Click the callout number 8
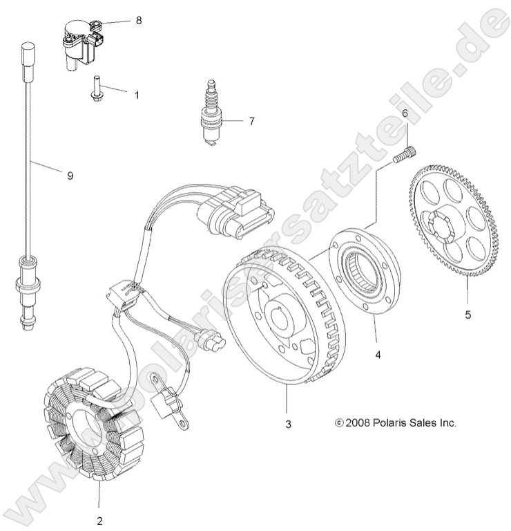(138, 21)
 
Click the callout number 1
(136, 94)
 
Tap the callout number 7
(232, 121)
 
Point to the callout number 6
(405, 113)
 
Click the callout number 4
(378, 354)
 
